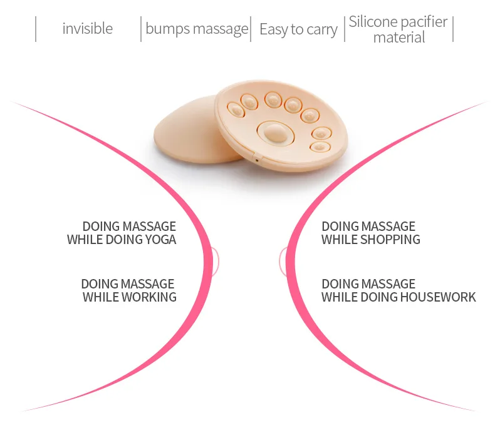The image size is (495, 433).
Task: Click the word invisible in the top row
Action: pyautogui.click(x=88, y=29)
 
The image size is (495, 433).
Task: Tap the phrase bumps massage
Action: pyautogui.click(x=197, y=29)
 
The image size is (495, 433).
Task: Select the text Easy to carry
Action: pyautogui.click(x=298, y=29)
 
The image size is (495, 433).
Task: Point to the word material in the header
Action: pyautogui.click(x=399, y=38)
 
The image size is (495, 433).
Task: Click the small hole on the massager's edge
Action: pyautogui.click(x=256, y=160)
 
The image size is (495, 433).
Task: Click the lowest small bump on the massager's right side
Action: pyautogui.click(x=320, y=147)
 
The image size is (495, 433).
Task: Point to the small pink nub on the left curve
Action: pyautogui.click(x=215, y=261)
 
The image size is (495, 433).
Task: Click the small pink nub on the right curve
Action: pyautogui.click(x=283, y=261)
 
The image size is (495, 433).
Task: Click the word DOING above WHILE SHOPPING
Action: pyautogui.click(x=340, y=226)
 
